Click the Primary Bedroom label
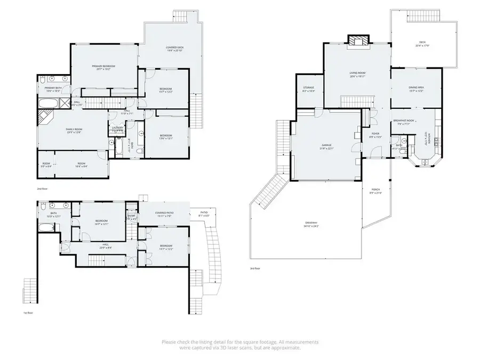pos(103,67)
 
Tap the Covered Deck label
pos(174,49)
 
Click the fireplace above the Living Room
pos(356,41)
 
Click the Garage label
pos(326,146)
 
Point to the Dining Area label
pos(416,89)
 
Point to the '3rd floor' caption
pos(255,269)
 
